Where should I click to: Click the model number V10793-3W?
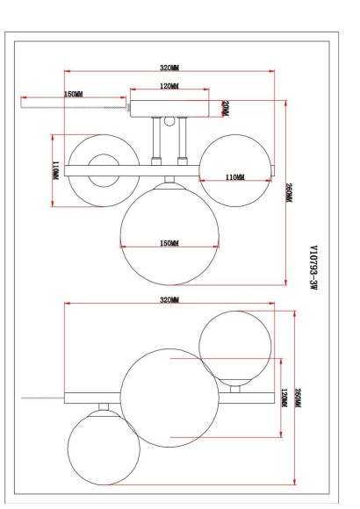tap(313, 268)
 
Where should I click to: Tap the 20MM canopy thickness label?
tap(225, 109)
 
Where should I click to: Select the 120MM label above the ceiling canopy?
tap(169, 86)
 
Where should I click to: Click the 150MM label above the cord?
tap(74, 94)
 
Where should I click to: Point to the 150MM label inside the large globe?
tap(169, 243)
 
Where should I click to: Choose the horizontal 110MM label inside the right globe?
tap(235, 177)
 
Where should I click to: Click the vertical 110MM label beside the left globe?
tap(56, 170)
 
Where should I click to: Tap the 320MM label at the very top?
tap(169, 68)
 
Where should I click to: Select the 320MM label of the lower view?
tap(169, 300)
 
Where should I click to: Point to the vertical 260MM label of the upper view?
tap(289, 193)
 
